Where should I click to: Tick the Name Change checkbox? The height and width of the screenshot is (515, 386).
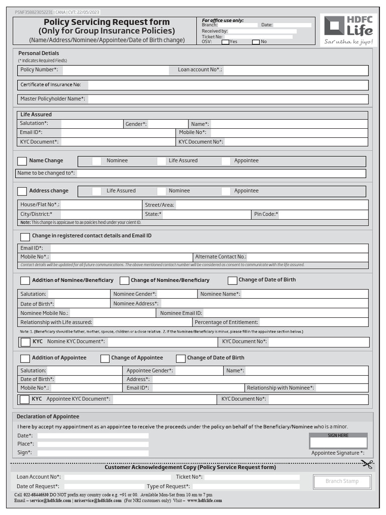point(22,161)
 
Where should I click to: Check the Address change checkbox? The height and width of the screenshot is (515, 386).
point(22,191)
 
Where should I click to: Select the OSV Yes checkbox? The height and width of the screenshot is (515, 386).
point(225,42)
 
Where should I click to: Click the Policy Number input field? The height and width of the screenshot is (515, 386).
point(116,70)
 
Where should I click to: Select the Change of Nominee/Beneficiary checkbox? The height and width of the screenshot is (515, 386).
point(124,281)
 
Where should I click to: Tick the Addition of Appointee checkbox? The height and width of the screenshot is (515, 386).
point(25,359)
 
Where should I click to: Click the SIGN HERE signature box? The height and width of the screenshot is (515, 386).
point(338,443)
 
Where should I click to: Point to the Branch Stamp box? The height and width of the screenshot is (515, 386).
point(342,481)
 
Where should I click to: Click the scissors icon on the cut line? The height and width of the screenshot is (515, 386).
point(367,464)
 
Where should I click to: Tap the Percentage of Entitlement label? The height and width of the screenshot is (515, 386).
point(227,322)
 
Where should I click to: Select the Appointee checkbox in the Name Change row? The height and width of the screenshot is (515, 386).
point(226,161)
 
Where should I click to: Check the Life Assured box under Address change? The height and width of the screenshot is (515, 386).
point(96,191)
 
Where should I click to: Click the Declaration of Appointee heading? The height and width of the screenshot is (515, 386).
point(48,416)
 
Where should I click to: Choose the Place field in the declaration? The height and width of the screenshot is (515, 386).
point(93,444)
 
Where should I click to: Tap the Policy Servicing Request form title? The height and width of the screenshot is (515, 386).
point(107,22)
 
